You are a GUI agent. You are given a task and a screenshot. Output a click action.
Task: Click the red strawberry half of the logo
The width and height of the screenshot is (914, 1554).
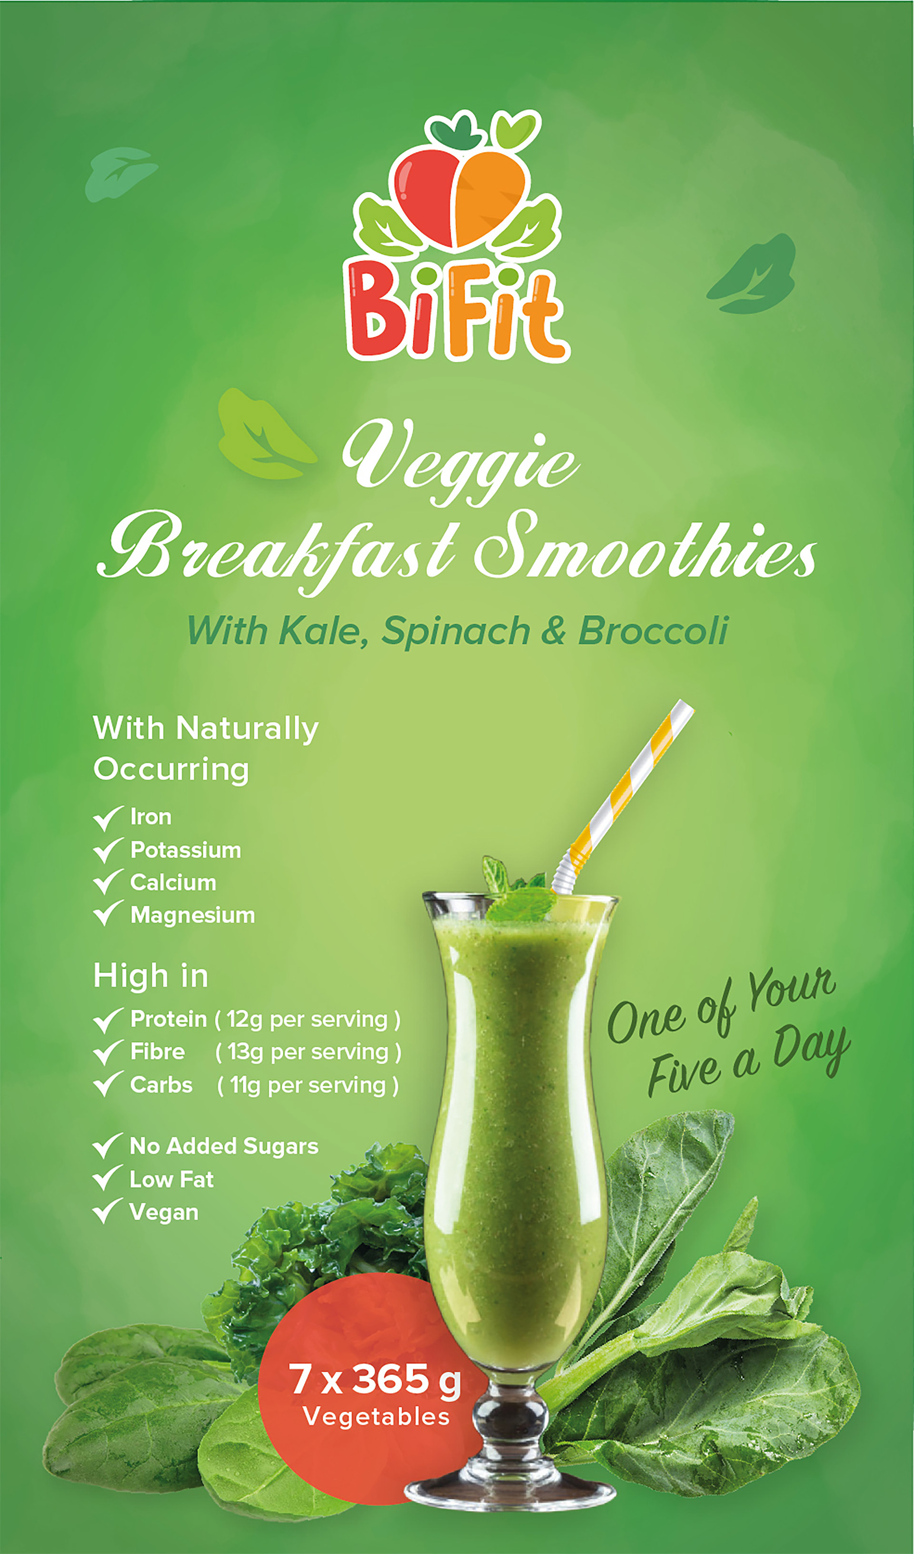pyautogui.click(x=425, y=197)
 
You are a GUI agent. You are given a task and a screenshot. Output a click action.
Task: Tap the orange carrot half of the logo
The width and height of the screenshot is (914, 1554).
pyautogui.click(x=490, y=197)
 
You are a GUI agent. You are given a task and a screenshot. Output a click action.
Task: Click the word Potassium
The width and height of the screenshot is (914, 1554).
pyautogui.click(x=186, y=851)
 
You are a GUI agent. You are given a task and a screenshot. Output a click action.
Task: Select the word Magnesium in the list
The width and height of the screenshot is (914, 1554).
pyautogui.click(x=192, y=915)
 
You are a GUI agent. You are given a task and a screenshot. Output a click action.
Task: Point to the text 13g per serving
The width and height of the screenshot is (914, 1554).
pyautogui.click(x=308, y=1052)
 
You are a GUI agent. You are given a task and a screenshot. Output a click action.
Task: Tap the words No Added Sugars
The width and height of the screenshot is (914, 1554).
pyautogui.click(x=224, y=1146)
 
